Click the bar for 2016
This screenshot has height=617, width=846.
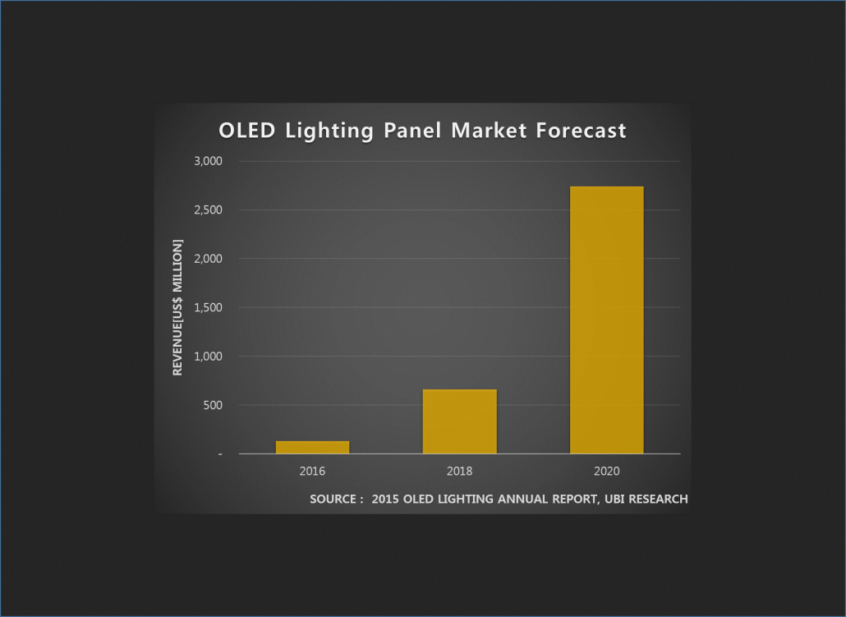click(x=312, y=447)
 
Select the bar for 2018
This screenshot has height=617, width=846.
click(x=460, y=421)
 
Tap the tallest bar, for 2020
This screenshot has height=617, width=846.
click(x=607, y=320)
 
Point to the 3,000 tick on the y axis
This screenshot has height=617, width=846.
click(x=209, y=161)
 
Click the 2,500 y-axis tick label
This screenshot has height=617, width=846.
click(x=209, y=210)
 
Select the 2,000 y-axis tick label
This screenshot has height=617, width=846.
click(x=209, y=259)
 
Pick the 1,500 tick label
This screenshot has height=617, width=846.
click(x=209, y=307)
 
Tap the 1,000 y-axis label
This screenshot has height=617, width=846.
click(x=209, y=357)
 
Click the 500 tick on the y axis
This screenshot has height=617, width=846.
click(x=213, y=405)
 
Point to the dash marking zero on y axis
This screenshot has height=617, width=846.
click(x=220, y=454)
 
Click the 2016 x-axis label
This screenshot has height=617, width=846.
click(x=312, y=472)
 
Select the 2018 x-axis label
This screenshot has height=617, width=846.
click(x=460, y=472)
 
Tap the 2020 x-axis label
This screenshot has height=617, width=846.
click(x=607, y=472)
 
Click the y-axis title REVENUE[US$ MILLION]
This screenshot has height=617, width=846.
click(x=177, y=308)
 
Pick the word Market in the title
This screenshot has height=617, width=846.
click(x=489, y=131)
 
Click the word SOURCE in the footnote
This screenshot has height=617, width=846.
click(x=333, y=500)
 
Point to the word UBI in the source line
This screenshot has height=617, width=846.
click(x=614, y=500)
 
